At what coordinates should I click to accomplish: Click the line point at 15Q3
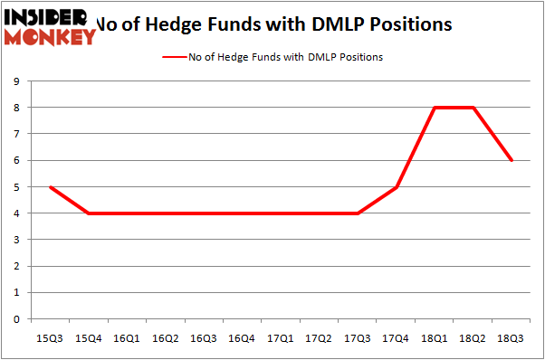tap(49, 187)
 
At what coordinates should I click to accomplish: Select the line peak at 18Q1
tap(435, 108)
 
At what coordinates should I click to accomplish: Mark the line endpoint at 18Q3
tap(512, 160)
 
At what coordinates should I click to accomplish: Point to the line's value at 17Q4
tap(397, 187)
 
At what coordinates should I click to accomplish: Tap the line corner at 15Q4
tap(88, 213)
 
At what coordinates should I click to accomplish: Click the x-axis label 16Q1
tap(126, 338)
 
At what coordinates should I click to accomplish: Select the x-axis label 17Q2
tap(319, 338)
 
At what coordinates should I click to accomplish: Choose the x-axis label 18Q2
tap(473, 338)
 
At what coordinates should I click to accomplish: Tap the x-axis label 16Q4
tap(242, 338)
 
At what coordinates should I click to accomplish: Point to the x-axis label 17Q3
tap(358, 338)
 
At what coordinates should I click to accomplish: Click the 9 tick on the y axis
tap(16, 81)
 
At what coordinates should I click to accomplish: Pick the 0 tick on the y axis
tap(16, 319)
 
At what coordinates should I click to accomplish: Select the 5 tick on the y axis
tap(16, 187)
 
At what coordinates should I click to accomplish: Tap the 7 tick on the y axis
tap(16, 134)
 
